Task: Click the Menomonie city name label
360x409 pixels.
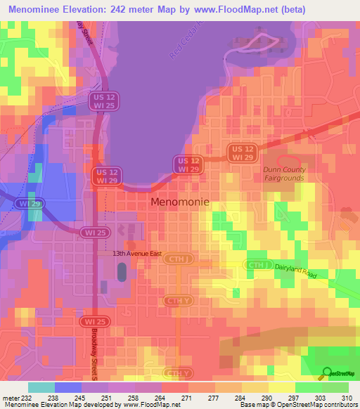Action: point(179,202)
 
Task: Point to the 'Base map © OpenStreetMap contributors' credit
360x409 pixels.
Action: point(298,405)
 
